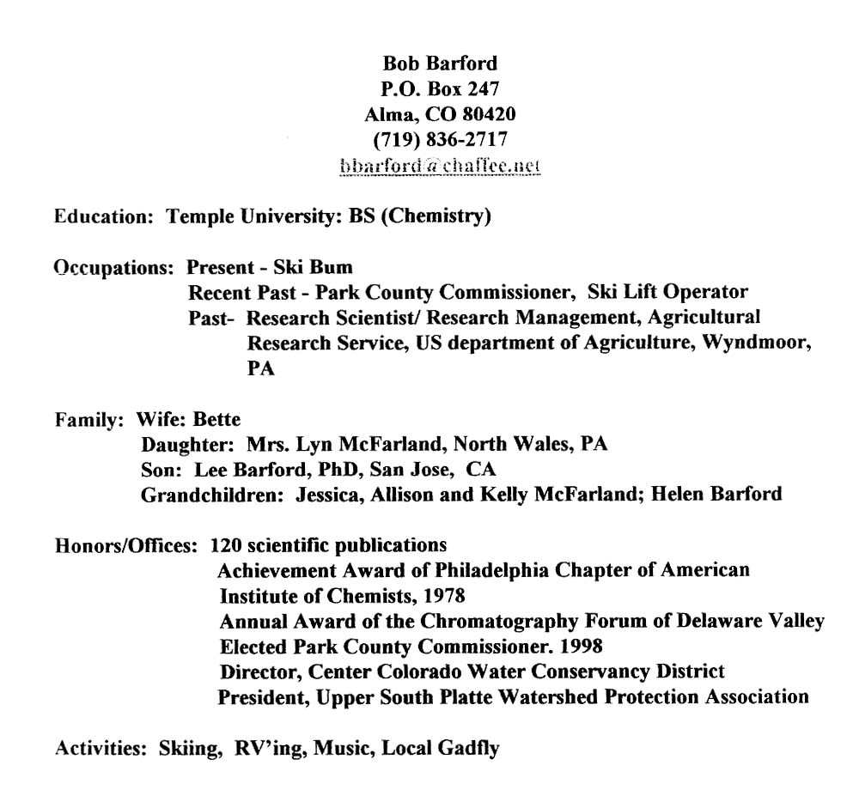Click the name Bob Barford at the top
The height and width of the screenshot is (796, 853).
coord(439,64)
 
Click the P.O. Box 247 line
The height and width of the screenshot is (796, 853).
coord(439,88)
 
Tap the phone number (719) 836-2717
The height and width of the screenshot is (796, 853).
coord(439,139)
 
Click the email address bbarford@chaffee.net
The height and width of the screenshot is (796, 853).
coord(439,165)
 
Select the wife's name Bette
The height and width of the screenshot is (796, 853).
coord(217,420)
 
